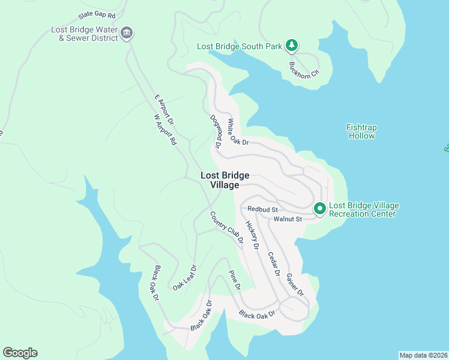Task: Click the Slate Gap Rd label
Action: [95, 14]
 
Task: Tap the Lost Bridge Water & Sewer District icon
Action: [127, 34]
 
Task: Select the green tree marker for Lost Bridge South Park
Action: [291, 46]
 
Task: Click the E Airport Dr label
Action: [163, 110]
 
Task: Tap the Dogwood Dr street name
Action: [215, 133]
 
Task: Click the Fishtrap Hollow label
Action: [361, 131]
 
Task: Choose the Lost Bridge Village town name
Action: [224, 180]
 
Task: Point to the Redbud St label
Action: [262, 209]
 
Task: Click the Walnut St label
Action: [287, 219]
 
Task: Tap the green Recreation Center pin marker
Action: [320, 208]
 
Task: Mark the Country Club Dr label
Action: [226, 227]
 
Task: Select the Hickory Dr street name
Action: [252, 235]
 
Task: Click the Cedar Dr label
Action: [273, 263]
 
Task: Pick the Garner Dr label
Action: [295, 284]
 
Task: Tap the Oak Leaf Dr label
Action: [185, 277]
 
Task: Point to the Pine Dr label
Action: [235, 280]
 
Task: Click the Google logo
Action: [20, 353]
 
